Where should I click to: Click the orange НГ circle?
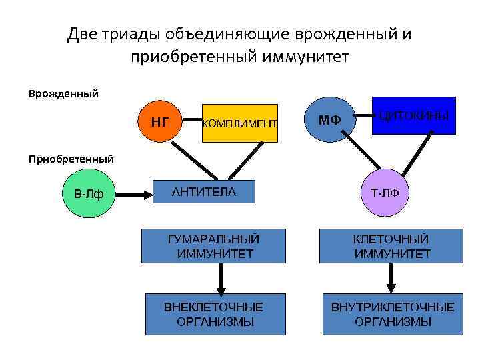[x=160, y=122]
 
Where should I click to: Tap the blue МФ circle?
[x=329, y=121]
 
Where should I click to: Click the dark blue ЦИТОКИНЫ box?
[x=413, y=116]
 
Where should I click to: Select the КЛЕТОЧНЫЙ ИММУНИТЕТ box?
[x=392, y=246]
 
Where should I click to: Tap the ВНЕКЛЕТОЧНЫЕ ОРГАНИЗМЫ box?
[x=215, y=314]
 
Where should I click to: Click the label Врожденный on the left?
[x=64, y=93]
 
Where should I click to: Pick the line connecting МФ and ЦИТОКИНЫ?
[x=363, y=119]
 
